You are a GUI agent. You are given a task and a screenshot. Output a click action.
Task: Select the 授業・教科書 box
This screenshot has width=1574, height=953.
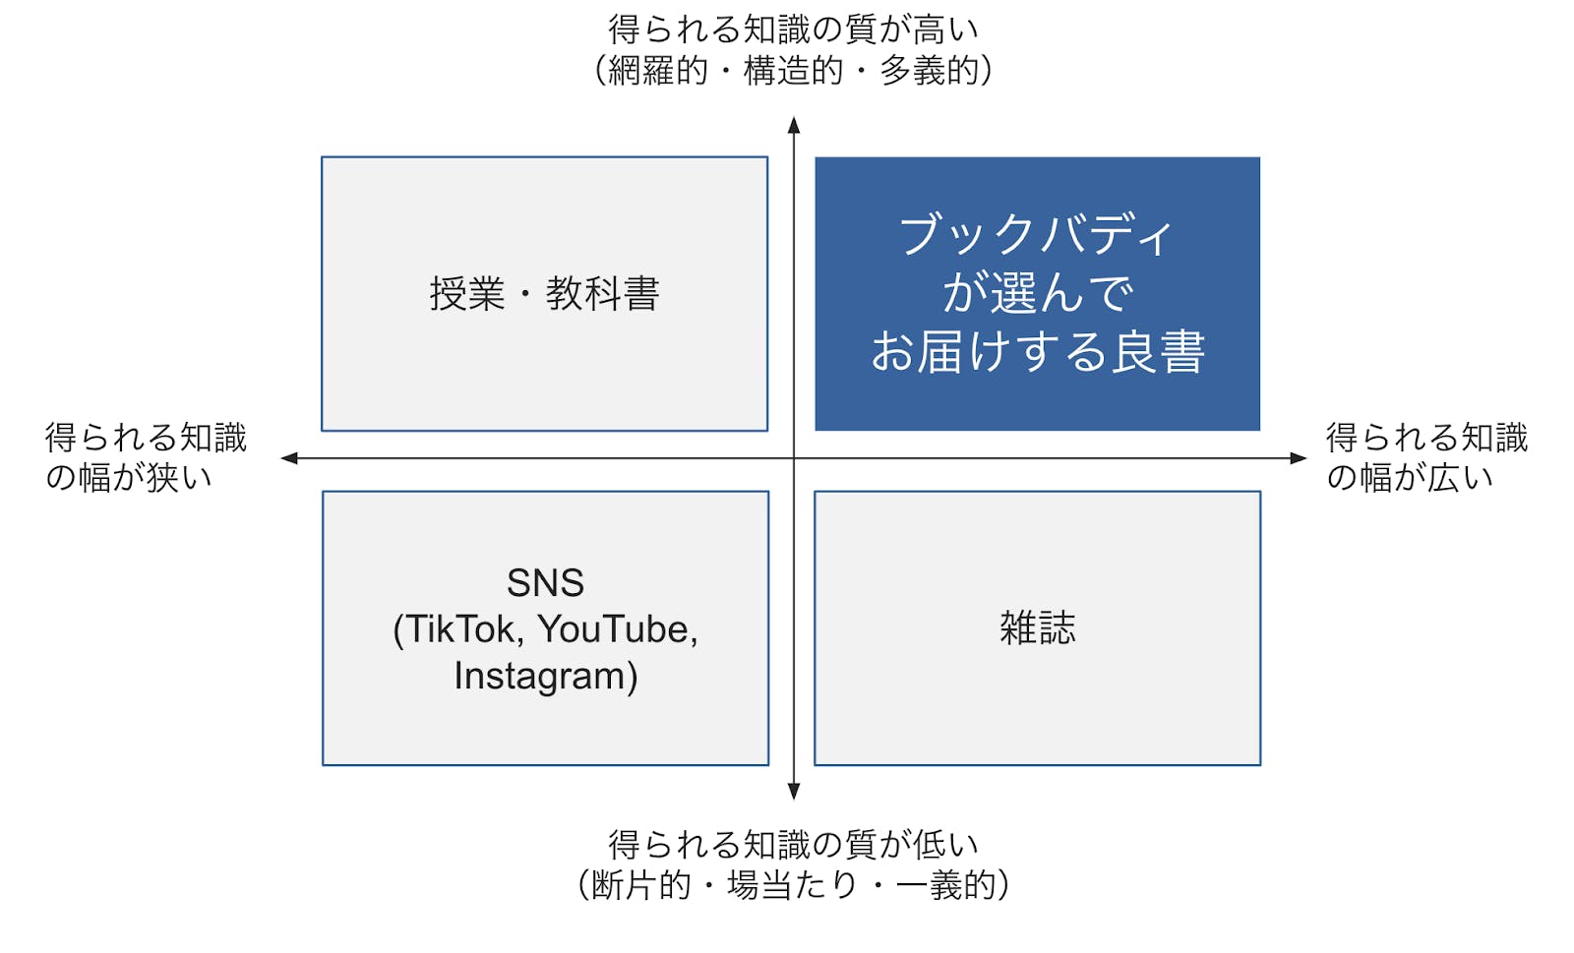pos(544,293)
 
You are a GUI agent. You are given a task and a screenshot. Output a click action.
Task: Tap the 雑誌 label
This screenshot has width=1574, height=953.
pos(1037,627)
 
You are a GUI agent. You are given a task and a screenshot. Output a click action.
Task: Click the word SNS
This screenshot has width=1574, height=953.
pos(545,583)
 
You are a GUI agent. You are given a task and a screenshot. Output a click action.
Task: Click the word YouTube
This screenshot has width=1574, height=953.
pos(617,629)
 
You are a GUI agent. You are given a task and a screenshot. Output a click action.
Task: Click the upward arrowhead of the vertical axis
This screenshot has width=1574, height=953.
pos(794,125)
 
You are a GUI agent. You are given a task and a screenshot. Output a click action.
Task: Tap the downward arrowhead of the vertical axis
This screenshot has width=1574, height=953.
pos(794,792)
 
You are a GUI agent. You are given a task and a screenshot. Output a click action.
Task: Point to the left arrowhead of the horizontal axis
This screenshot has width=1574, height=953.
pos(289,457)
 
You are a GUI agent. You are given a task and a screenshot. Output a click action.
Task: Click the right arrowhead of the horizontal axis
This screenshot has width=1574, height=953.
pos(1299,457)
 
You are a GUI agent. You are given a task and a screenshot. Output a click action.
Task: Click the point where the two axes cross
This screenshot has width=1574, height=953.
pos(794,457)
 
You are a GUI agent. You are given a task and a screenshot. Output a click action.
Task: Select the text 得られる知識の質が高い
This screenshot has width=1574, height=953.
pos(793,30)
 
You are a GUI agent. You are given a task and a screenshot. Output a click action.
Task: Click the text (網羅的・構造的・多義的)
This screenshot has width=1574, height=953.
pos(793,71)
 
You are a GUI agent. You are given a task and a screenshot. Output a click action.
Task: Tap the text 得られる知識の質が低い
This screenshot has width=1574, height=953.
pos(793,844)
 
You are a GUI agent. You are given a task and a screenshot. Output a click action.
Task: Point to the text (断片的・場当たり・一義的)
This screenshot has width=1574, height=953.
pos(793,885)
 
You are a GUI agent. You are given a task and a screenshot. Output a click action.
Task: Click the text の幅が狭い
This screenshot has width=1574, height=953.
pos(129,478)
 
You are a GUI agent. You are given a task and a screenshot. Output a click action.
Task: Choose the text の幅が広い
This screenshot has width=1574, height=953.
pos(1410,478)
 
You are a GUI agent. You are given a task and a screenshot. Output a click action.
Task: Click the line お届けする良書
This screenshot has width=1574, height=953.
pos(1037,352)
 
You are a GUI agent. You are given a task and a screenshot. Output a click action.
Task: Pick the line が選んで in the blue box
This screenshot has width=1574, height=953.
pos(1037,293)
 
